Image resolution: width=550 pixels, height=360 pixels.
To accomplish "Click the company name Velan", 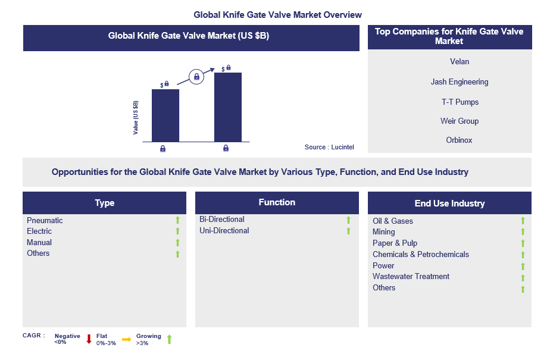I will click(459, 61).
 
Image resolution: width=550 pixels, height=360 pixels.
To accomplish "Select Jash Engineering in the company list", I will click(459, 82).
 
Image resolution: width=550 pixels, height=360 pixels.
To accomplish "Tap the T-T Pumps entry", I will click(460, 102).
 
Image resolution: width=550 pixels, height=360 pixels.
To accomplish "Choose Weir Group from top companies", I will click(459, 121).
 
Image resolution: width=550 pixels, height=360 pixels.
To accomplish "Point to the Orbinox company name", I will click(459, 140).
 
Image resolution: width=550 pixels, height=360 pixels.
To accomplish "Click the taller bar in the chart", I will click(227, 107).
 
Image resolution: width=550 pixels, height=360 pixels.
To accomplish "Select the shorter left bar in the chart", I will click(165, 115).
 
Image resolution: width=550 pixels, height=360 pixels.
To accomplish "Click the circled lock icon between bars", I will click(196, 76).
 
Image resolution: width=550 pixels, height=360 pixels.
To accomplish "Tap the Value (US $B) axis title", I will click(136, 117).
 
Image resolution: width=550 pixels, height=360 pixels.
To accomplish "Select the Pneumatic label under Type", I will click(45, 220).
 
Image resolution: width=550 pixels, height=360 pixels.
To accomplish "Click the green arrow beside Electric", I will click(177, 231).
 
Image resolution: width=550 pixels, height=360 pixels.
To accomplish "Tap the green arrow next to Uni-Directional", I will click(349, 231).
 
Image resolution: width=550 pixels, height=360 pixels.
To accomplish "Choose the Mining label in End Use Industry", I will click(383, 231).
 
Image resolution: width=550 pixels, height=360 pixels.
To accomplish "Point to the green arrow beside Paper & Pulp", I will click(523, 243).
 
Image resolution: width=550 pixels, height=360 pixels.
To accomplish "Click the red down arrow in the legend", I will click(89, 339).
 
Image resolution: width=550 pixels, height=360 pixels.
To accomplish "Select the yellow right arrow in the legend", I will click(126, 339).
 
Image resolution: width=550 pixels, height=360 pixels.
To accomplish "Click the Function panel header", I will click(277, 202).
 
